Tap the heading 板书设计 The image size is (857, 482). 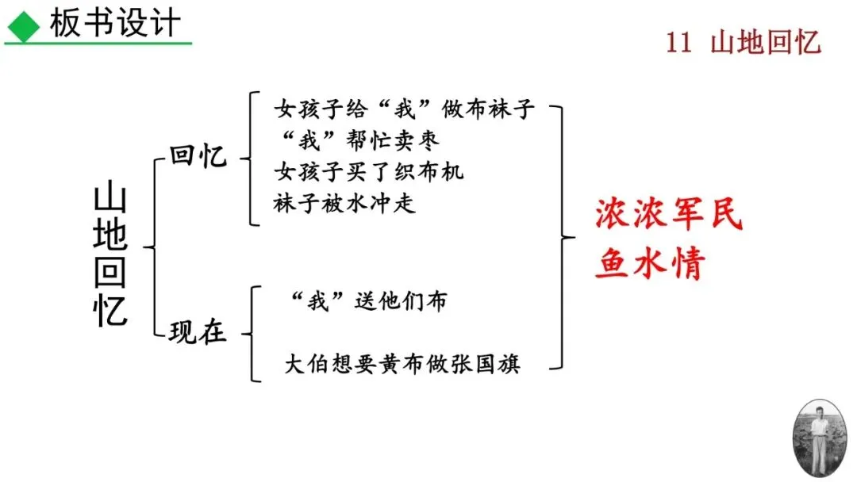click(115, 24)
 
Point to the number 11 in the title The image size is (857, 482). click(678, 42)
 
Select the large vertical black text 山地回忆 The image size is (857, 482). click(110, 255)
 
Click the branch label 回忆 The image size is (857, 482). click(198, 156)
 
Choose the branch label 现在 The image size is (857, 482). click(198, 332)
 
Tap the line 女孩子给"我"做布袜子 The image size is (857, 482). click(405, 109)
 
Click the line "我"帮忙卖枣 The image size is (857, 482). click(356, 140)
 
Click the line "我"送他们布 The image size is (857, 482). click(368, 301)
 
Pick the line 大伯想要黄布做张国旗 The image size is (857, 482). click(402, 365)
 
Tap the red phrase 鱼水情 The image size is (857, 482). click(650, 264)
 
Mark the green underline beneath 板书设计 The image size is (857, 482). click(98, 43)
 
